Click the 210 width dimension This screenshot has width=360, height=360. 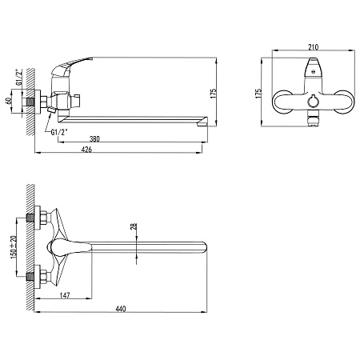click(313, 47)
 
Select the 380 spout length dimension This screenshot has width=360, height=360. click(94, 139)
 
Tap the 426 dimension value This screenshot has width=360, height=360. click(86, 150)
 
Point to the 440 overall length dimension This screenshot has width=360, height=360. click(121, 309)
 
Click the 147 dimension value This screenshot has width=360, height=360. click(65, 295)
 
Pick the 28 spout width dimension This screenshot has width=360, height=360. click(134, 226)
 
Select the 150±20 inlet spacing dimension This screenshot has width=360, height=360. click(14, 246)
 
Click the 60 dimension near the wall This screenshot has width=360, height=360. click(9, 102)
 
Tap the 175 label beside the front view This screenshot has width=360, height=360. click(258, 94)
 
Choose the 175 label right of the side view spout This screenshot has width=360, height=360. click(214, 94)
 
